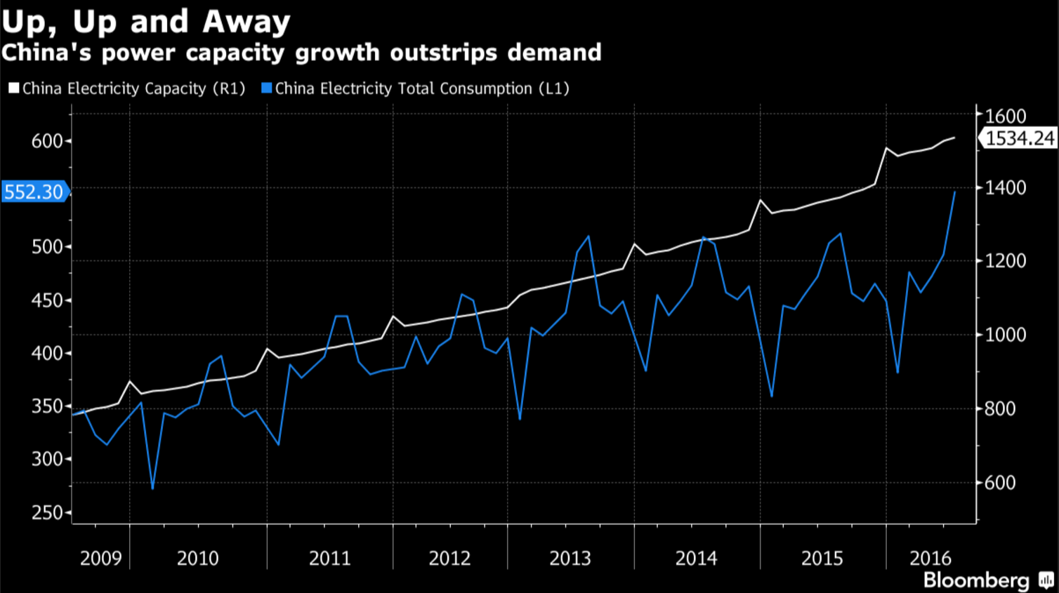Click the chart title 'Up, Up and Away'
(145, 21)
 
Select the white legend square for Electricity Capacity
(14, 88)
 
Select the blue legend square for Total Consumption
(266, 88)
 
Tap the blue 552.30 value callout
(34, 192)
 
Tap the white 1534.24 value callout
(1019, 138)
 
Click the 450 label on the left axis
(47, 300)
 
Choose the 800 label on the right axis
(1000, 408)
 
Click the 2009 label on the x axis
(100, 559)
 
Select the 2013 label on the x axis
(570, 559)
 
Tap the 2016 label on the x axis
(930, 559)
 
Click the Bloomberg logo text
(976, 580)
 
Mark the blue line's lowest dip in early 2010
(152, 488)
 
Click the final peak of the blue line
(954, 192)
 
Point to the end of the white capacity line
(954, 138)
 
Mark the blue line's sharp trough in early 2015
(772, 397)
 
